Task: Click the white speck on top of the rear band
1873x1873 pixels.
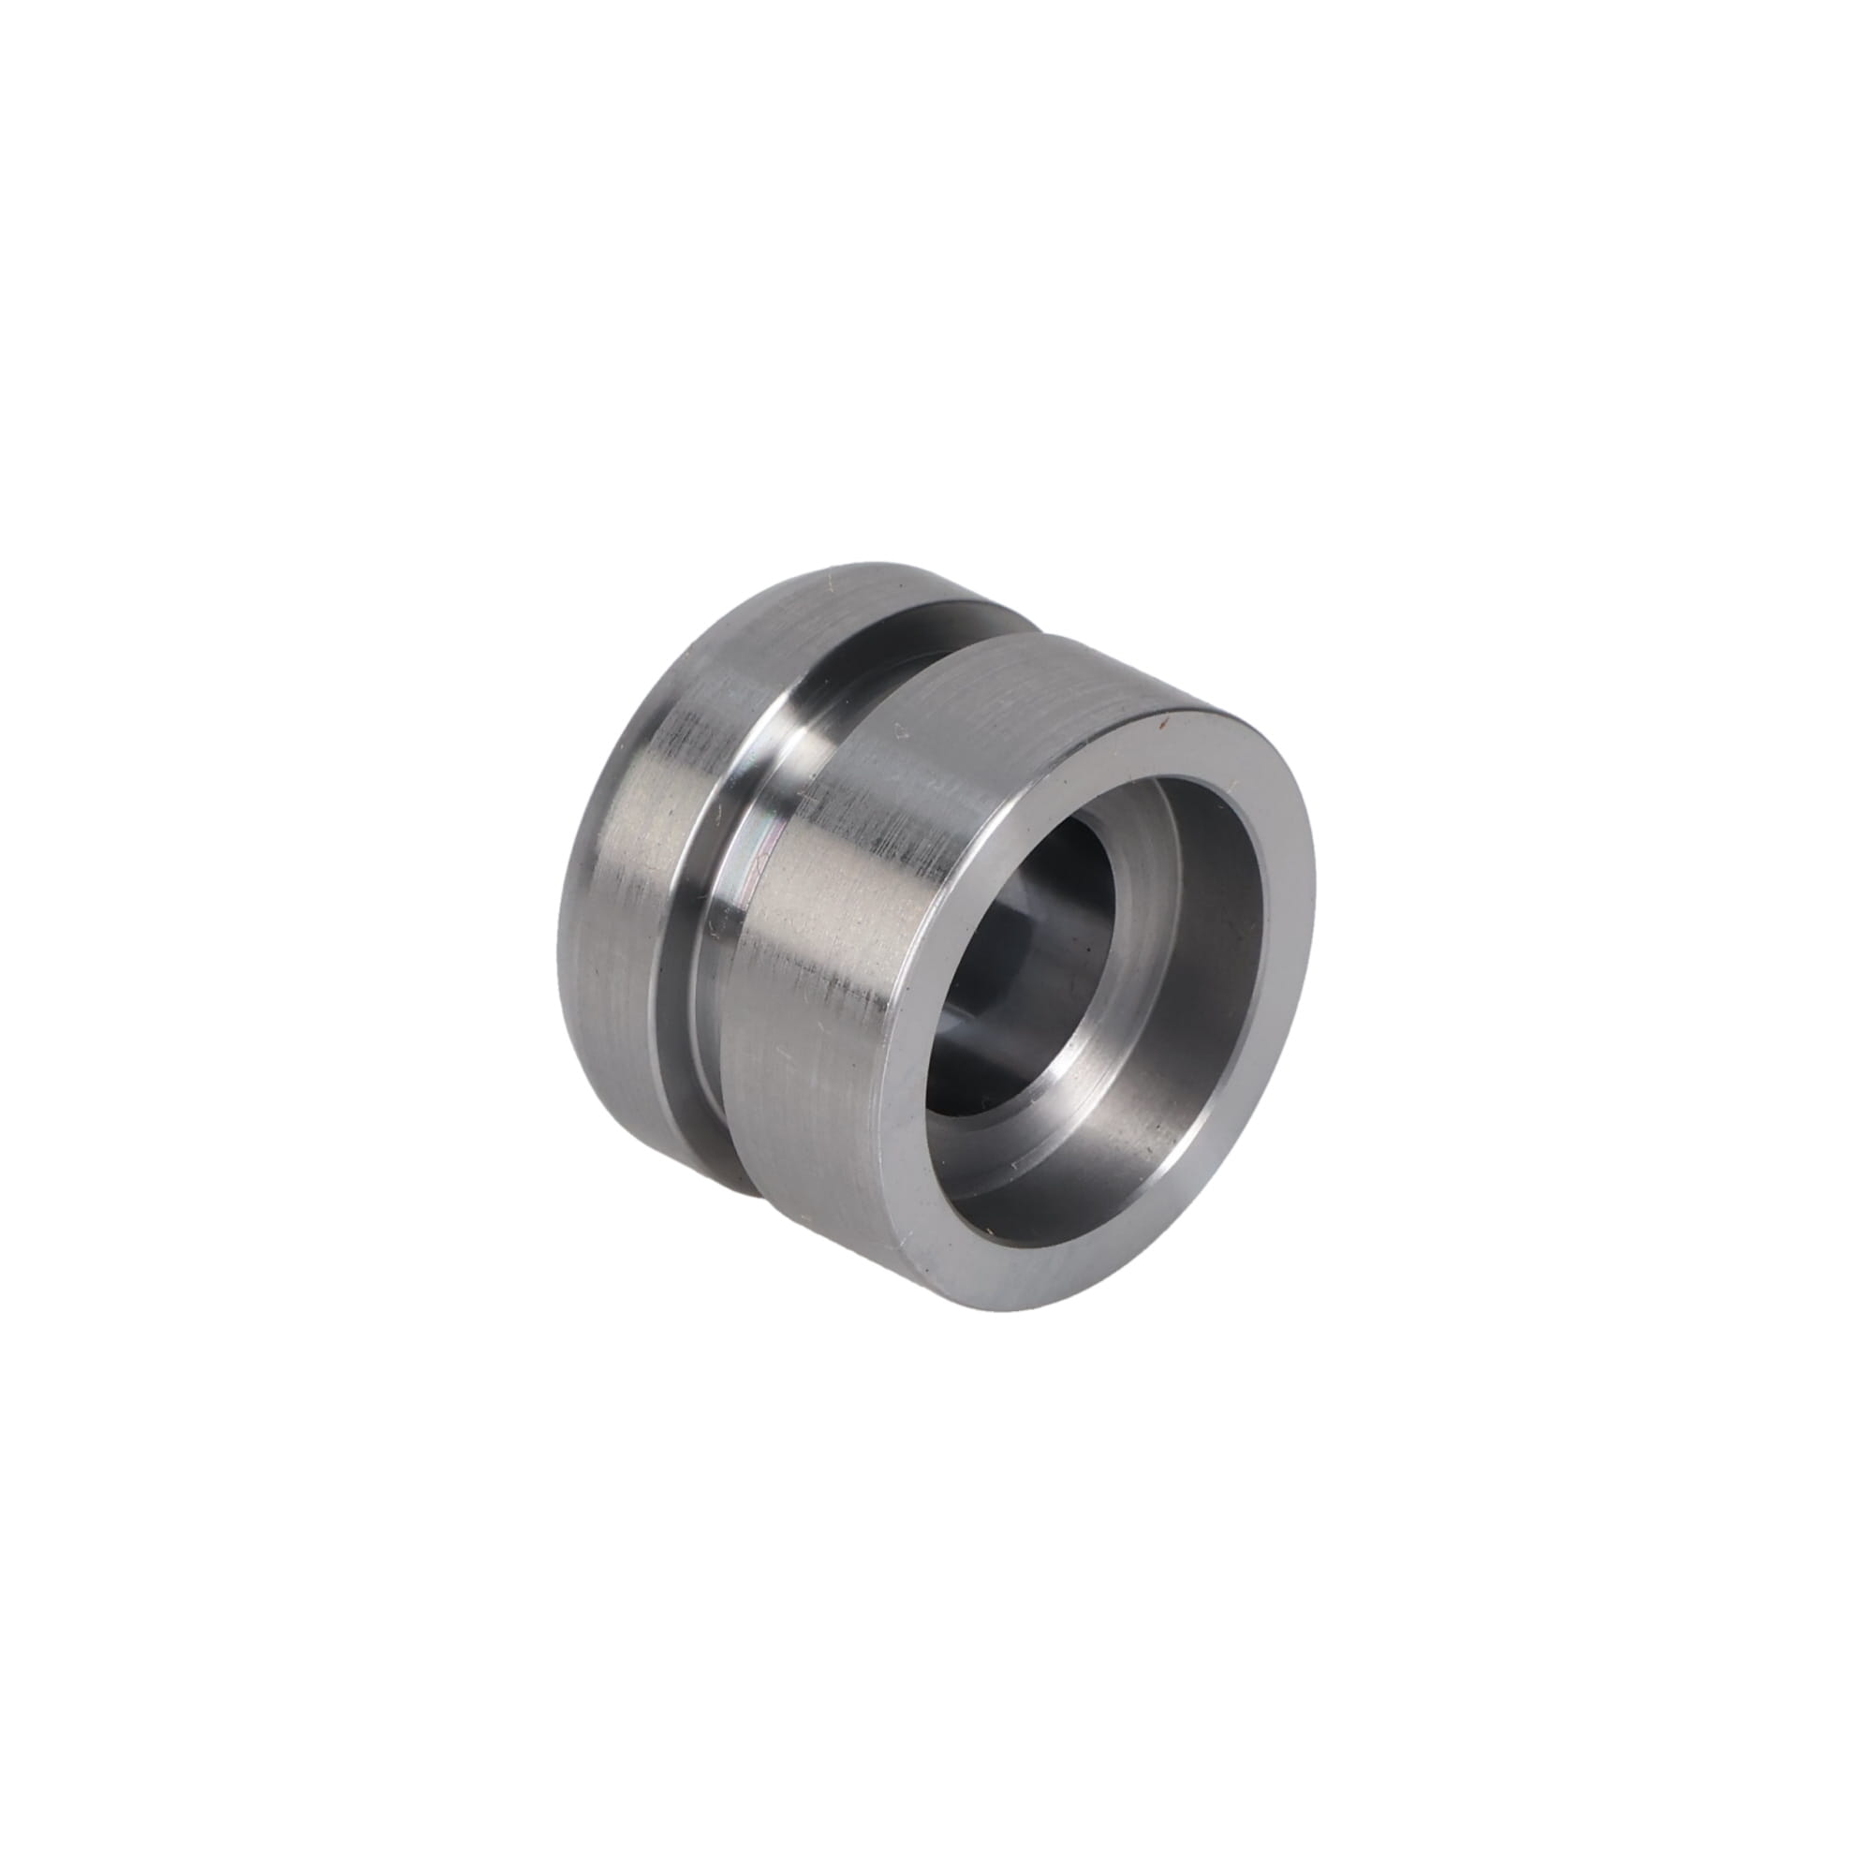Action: pyautogui.click(x=830, y=584)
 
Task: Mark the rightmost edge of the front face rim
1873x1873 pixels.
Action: pyautogui.click(x=1315, y=902)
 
